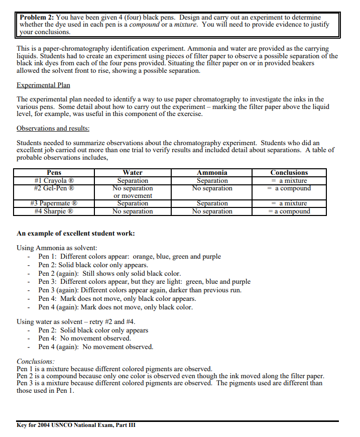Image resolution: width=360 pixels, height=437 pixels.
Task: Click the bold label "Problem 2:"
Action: point(37,18)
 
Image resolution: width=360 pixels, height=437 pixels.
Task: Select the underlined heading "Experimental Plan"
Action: point(43,85)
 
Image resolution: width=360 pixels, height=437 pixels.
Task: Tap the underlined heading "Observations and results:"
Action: point(53,129)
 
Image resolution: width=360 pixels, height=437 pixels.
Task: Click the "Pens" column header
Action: point(54,173)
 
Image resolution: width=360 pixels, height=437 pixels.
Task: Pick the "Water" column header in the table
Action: point(133,173)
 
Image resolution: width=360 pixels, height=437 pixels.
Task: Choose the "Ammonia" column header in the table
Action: point(212,173)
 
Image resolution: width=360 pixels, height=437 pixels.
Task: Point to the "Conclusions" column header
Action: point(289,173)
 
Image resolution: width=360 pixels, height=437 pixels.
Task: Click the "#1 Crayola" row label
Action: point(54,181)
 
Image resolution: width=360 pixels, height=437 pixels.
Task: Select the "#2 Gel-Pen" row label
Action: point(54,188)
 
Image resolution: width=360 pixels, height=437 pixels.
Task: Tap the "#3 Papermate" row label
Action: point(54,203)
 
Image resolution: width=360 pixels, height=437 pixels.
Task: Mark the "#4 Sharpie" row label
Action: point(54,211)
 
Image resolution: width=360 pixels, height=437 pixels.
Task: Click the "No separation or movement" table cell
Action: point(133,192)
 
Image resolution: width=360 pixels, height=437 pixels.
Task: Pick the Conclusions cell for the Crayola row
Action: point(289,181)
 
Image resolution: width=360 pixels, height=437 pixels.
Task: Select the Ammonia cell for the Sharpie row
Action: point(212,211)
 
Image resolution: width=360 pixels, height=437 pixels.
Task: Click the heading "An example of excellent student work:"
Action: point(75,234)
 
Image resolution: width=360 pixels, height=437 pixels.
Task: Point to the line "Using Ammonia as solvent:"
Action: point(57,248)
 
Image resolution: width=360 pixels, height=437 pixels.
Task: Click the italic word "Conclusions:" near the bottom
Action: point(36,361)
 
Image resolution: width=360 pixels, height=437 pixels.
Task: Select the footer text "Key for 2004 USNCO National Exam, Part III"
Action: point(76,425)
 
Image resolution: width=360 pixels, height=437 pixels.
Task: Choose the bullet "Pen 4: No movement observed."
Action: point(84,339)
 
